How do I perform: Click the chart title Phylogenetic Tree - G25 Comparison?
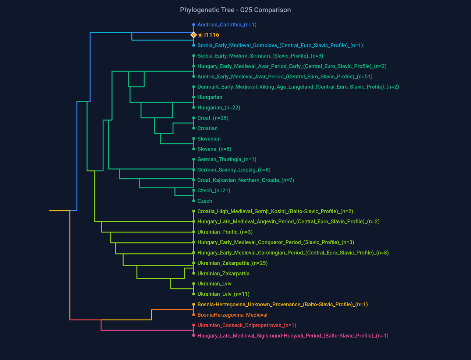235,10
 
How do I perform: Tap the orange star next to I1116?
200,35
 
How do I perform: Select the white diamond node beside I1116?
194,35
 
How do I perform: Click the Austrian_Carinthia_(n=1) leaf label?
227,25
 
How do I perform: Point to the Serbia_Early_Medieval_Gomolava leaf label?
280,46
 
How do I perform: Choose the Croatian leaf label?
207,128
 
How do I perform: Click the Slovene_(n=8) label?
214,149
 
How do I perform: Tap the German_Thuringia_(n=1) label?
227,160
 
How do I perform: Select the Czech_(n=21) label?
213,190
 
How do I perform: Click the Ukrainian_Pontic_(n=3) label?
225,232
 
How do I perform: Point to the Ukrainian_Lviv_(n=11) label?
223,294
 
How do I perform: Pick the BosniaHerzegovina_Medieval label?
232,315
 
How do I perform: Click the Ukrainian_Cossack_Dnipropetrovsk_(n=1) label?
247,325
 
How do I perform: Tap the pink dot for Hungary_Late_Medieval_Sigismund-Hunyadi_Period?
194,335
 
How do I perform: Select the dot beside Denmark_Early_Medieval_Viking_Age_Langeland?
194,87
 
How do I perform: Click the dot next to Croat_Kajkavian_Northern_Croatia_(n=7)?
194,180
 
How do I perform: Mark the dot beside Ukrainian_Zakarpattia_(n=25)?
194,263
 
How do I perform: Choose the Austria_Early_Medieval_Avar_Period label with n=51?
284,77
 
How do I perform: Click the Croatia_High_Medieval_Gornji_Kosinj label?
275,211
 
